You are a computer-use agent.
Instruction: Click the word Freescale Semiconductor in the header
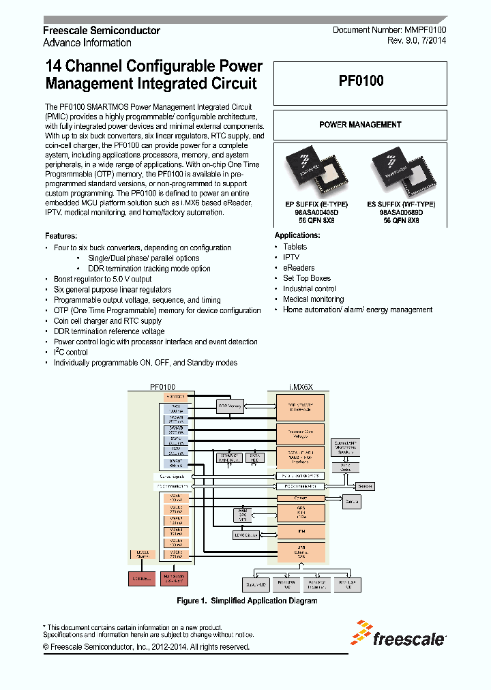point(102,31)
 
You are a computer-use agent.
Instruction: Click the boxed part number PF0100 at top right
point(361,80)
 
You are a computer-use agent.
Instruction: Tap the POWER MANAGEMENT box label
point(360,125)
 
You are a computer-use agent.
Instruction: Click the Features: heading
point(61,236)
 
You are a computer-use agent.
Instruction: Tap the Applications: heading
point(297,235)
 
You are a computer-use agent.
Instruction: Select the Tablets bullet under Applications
point(295,247)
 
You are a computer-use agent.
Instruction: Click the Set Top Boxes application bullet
point(307,278)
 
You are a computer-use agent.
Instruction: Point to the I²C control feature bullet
point(71,352)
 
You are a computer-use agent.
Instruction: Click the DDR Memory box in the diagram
point(230,406)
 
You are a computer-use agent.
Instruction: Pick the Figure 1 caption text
point(247,601)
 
